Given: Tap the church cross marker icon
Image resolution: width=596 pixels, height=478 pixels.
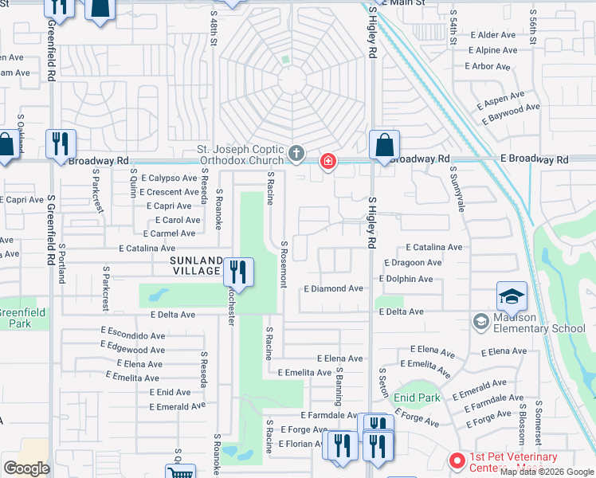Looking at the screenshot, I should tap(296, 152).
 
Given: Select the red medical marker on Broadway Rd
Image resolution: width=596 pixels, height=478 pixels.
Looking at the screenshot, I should tap(327, 163).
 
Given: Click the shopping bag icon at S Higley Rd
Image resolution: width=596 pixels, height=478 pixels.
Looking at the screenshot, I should tap(384, 146).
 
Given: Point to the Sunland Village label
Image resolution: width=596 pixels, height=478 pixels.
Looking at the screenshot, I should tap(194, 265).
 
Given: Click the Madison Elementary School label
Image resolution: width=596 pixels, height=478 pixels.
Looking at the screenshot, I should tap(539, 323).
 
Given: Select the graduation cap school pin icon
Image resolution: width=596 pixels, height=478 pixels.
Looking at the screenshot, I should tap(512, 296).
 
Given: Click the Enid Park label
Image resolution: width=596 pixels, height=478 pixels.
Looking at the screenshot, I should tap(417, 397).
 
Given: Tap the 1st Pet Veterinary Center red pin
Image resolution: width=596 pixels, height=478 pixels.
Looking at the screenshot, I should tap(457, 461).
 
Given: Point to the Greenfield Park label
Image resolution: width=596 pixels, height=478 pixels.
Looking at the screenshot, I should tap(22, 318).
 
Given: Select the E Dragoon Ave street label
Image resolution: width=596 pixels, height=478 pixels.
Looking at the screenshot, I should tap(412, 262).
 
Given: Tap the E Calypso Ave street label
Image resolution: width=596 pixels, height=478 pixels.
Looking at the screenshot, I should tap(167, 178).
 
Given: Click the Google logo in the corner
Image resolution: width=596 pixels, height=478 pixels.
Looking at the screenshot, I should tap(26, 468).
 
